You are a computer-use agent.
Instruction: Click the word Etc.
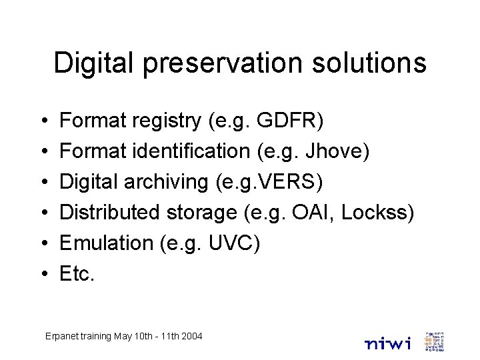coord(77,273)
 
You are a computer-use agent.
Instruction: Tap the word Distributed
coord(110,213)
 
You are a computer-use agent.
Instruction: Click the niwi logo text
coord(389,343)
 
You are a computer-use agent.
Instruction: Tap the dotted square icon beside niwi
coord(434,341)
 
